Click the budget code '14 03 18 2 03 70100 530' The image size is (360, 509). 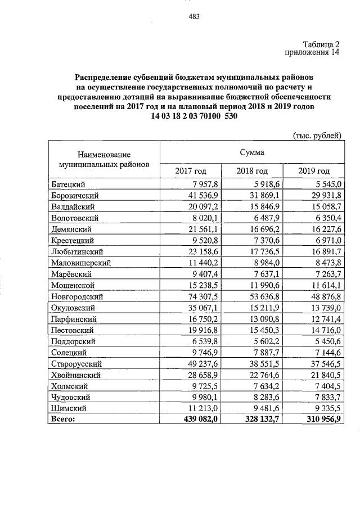pos(195,116)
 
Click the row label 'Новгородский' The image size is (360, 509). pos(76,296)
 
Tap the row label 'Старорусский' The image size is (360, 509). pos(76,364)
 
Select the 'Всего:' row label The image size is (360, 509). pos(62,419)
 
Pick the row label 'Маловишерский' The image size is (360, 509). pos(80,263)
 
